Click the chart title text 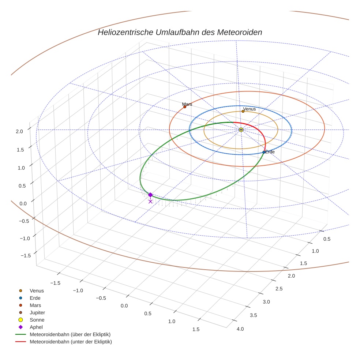[x=180, y=32]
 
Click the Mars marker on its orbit [x=185, y=107]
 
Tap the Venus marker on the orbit [x=243, y=111]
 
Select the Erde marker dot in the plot [x=264, y=152]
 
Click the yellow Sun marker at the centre [x=241, y=130]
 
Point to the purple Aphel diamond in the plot [x=150, y=195]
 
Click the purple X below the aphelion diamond [x=150, y=201]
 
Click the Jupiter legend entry [x=37, y=312]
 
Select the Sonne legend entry [x=37, y=320]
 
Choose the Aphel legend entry [x=36, y=327]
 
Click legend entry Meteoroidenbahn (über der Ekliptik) [x=70, y=334]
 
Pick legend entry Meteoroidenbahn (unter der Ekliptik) [x=71, y=342]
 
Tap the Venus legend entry [x=37, y=290]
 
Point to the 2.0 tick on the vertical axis [x=20, y=131]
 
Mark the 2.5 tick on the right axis [x=278, y=289]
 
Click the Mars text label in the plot [x=187, y=104]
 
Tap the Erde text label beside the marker [x=270, y=152]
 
